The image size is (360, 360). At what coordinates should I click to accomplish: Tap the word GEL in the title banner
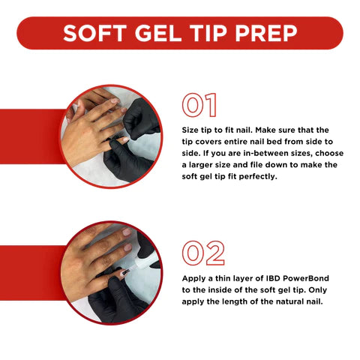coord(158,33)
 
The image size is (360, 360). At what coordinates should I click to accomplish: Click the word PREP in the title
coord(266,33)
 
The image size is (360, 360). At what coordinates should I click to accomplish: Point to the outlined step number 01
coord(199,105)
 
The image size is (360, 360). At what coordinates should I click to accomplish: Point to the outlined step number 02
coord(203,253)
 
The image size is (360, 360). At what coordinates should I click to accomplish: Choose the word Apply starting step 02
coord(193,279)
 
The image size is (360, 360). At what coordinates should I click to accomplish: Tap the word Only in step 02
coord(318,290)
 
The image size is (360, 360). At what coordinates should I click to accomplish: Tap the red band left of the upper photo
coord(31,136)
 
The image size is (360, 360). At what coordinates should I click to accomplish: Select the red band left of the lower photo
coord(31,273)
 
